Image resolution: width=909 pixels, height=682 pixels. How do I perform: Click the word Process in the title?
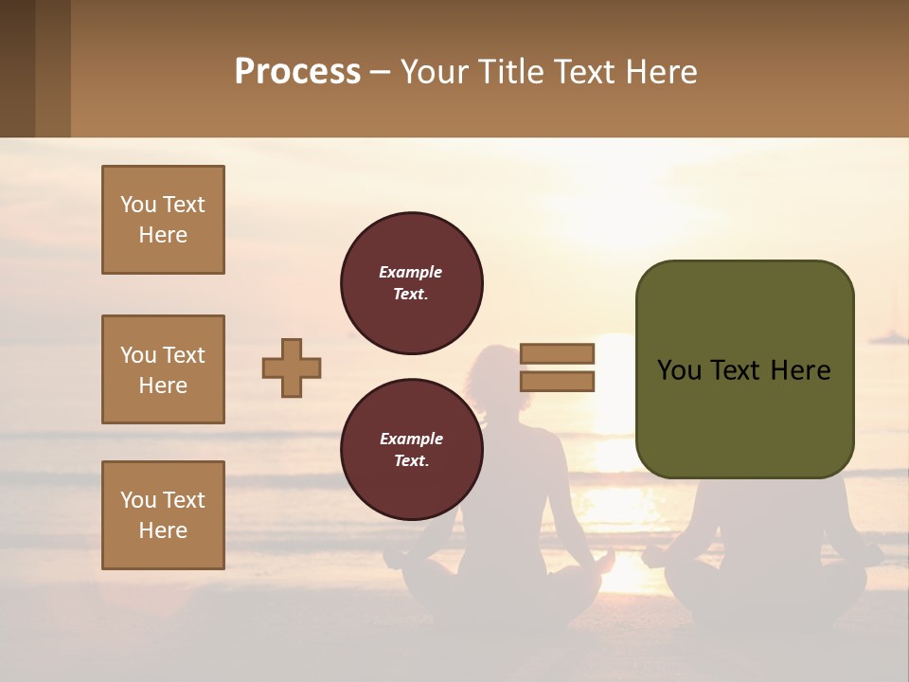pyautogui.click(x=297, y=72)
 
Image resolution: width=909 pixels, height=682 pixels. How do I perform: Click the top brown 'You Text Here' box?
pyautogui.click(x=163, y=220)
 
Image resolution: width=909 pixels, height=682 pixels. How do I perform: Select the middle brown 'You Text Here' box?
pyautogui.click(x=163, y=369)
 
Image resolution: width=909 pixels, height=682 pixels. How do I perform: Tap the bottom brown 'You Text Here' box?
pyautogui.click(x=163, y=515)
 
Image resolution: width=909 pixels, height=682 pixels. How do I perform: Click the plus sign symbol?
pyautogui.click(x=292, y=368)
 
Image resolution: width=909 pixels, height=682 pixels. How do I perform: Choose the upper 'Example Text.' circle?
pyautogui.click(x=411, y=283)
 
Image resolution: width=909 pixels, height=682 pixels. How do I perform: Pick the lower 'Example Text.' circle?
pyautogui.click(x=411, y=450)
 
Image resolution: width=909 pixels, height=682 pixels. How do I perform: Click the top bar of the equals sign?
pyautogui.click(x=557, y=354)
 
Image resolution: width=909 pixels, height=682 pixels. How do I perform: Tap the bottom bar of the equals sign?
pyautogui.click(x=557, y=382)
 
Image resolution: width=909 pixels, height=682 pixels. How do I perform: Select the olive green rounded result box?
pyautogui.click(x=744, y=369)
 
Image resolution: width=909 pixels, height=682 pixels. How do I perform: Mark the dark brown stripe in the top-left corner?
pyautogui.click(x=17, y=68)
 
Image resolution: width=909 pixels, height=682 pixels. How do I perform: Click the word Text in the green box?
pyautogui.click(x=744, y=370)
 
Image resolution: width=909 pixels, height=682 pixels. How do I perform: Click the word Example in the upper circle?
pyautogui.click(x=411, y=272)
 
